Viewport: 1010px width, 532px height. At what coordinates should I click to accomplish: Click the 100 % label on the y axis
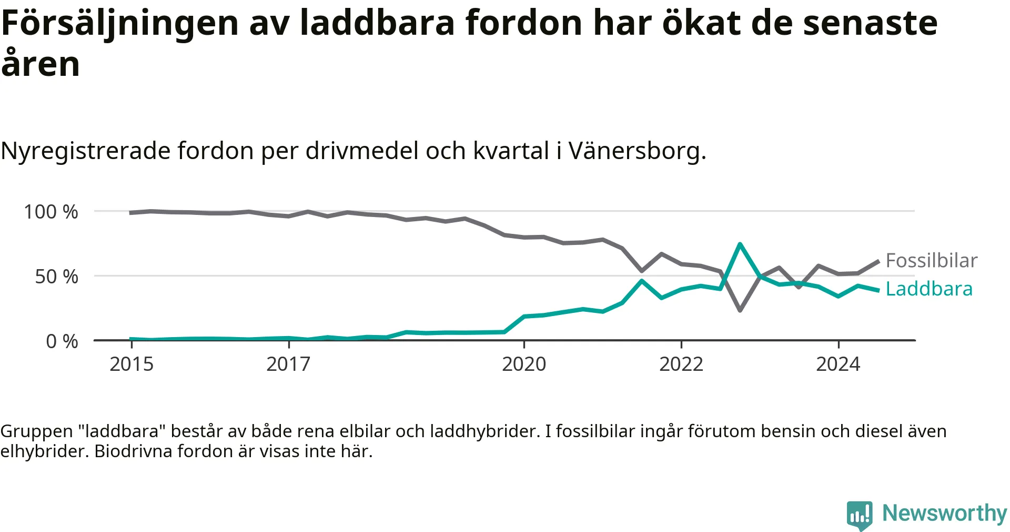[51, 212]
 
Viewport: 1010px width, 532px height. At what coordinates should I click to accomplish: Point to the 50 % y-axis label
[57, 277]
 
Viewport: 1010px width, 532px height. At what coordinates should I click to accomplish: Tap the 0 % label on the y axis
[62, 341]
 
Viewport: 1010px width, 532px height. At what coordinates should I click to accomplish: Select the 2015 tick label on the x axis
[132, 364]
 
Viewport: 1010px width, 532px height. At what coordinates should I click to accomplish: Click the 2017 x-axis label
[288, 364]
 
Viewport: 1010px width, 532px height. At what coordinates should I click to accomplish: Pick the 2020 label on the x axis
[524, 364]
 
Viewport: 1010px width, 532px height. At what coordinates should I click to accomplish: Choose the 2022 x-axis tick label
[681, 364]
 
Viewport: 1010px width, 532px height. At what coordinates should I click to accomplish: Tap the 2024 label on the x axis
[838, 364]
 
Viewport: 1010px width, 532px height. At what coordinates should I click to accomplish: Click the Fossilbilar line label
[932, 261]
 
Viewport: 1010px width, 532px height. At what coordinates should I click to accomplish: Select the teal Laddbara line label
[929, 289]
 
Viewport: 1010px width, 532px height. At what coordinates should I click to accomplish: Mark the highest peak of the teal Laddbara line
[740, 244]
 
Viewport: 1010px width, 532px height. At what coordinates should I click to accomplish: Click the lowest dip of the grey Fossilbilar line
[740, 310]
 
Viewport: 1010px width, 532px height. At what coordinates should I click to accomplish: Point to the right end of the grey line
[878, 261]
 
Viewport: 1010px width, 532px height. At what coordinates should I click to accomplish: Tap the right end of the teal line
[878, 290]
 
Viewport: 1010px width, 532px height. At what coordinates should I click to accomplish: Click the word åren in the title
[41, 62]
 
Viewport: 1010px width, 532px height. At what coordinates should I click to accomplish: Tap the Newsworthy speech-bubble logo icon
[860, 515]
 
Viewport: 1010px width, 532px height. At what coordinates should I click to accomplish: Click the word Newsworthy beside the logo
[945, 513]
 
